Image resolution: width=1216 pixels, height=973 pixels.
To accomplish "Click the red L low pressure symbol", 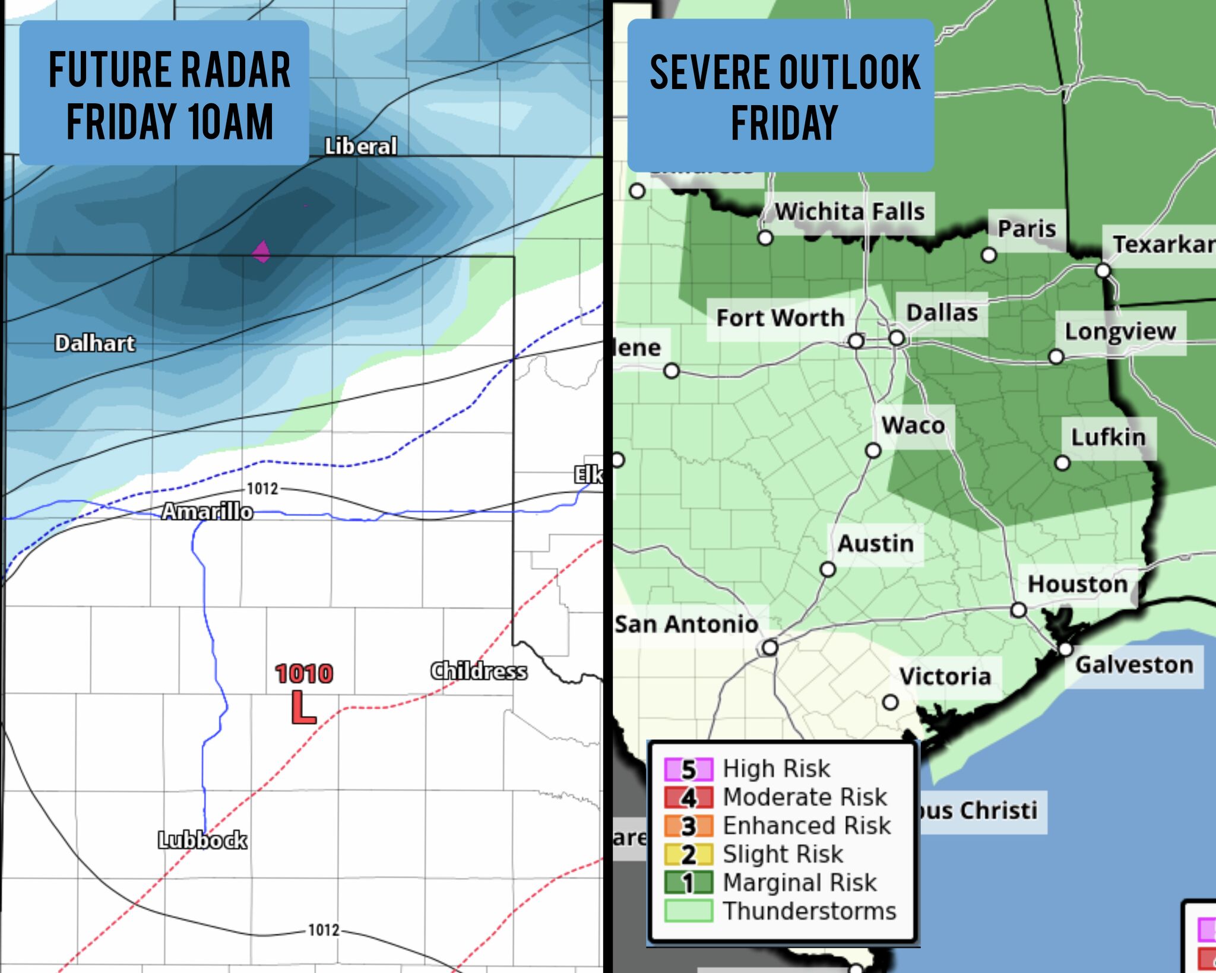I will [303, 708].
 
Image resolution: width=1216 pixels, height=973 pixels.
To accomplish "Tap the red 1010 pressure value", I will [304, 674].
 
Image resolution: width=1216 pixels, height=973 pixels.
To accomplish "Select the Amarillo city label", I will [207, 511].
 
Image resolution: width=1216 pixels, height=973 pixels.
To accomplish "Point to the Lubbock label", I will [202, 840].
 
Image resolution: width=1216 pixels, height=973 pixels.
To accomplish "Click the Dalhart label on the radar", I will [95, 343].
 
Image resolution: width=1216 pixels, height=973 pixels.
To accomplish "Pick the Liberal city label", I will [360, 146].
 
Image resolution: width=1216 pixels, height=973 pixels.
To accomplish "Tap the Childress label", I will [479, 671].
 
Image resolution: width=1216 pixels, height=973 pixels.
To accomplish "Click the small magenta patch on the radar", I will [261, 252].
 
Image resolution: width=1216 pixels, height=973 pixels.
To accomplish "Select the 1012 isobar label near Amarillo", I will [262, 489].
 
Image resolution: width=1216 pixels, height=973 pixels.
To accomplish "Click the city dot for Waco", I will [873, 451].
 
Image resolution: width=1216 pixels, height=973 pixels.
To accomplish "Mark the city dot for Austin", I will [828, 570].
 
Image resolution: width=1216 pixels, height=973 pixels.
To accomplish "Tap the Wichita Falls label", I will [850, 211].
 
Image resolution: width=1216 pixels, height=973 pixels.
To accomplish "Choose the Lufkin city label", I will [1108, 438].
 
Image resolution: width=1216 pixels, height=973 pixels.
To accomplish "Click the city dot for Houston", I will [1018, 610].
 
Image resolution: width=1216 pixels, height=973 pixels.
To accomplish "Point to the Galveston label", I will [1134, 665].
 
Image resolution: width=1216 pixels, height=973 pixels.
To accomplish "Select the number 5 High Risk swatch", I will [688, 769].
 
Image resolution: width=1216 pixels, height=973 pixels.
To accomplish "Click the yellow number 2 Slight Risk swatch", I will [688, 855].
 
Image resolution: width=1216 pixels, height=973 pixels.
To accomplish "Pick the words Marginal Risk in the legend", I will [799, 883].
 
